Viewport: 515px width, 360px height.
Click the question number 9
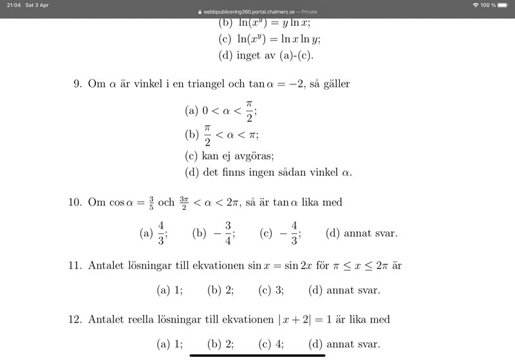point(77,84)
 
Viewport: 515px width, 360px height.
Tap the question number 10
point(75,202)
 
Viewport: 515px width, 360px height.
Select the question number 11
point(75,265)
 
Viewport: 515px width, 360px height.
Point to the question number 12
point(75,319)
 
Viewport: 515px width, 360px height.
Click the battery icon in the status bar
point(505,5)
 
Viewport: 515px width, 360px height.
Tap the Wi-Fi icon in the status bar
point(475,5)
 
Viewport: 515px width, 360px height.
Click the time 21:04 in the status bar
point(13,5)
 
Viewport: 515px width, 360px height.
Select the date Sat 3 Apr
point(37,5)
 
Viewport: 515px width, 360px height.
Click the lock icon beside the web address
point(200,12)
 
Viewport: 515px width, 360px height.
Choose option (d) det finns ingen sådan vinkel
point(268,173)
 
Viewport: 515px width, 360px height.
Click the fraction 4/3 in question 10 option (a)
point(161,233)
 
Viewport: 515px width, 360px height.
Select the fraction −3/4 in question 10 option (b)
point(223,233)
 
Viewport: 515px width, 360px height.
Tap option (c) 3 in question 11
point(271,290)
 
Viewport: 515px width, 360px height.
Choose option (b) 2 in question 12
point(220,345)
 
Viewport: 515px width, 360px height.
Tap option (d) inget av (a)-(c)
point(266,55)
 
